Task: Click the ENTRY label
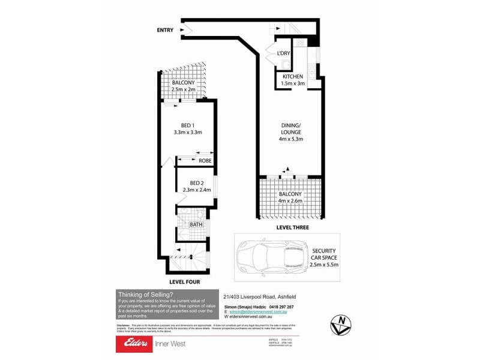pos(165,30)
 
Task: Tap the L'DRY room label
pos(283,53)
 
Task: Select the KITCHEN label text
pos(293,77)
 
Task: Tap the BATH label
pos(196,225)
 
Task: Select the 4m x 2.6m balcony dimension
pos(291,201)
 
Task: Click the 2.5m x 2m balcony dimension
pos(184,89)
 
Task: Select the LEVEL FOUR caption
pos(184,281)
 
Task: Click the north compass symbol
pos(341,325)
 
